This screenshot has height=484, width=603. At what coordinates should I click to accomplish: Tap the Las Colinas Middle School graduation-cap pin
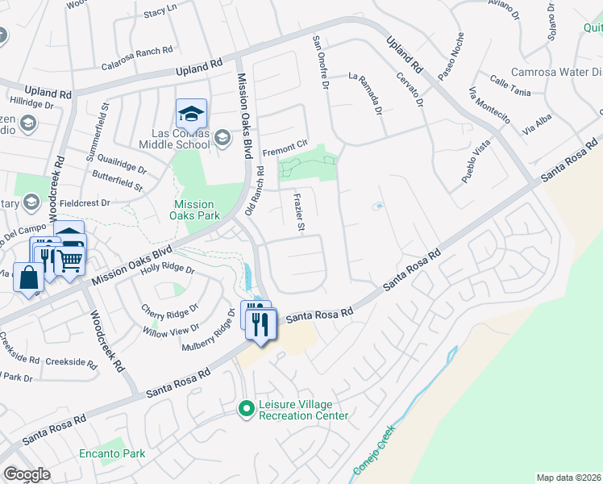click(191, 114)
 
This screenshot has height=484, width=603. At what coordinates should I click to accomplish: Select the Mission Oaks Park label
click(193, 210)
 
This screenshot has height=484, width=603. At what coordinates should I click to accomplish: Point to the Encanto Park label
click(112, 453)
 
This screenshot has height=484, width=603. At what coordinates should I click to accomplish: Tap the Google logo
click(27, 474)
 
